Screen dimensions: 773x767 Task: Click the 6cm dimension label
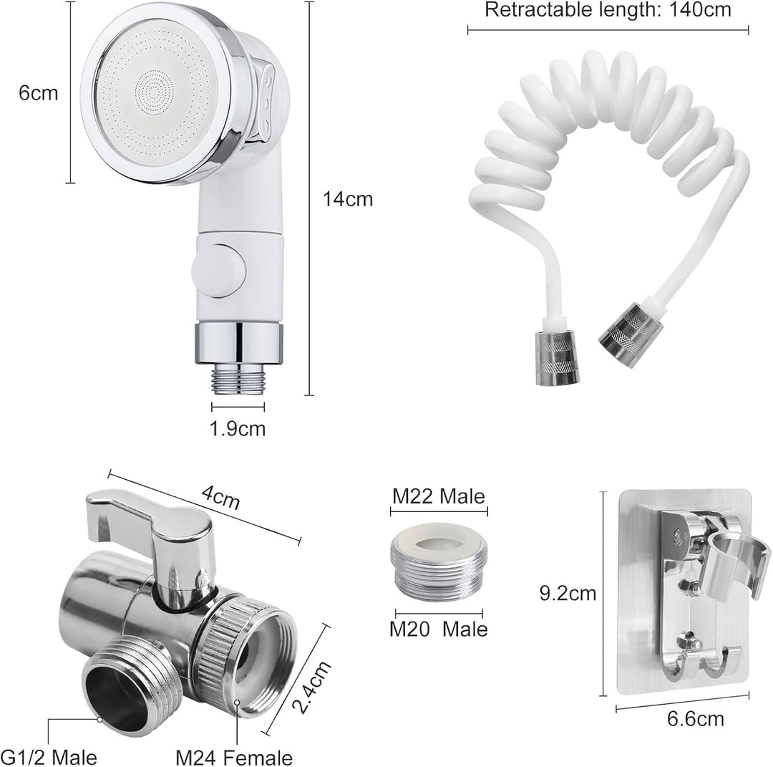38,92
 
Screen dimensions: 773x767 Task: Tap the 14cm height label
348,199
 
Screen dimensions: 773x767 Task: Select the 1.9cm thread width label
238,429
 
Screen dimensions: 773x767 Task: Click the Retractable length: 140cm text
608,10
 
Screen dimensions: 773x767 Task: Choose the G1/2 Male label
49,757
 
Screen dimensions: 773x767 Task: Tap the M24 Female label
234,757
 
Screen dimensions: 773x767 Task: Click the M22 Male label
438,496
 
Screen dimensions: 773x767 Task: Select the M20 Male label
438,629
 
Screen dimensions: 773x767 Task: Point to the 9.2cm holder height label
568,593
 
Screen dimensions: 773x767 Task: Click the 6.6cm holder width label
695,719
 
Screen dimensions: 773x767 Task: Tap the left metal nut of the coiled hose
558,358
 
